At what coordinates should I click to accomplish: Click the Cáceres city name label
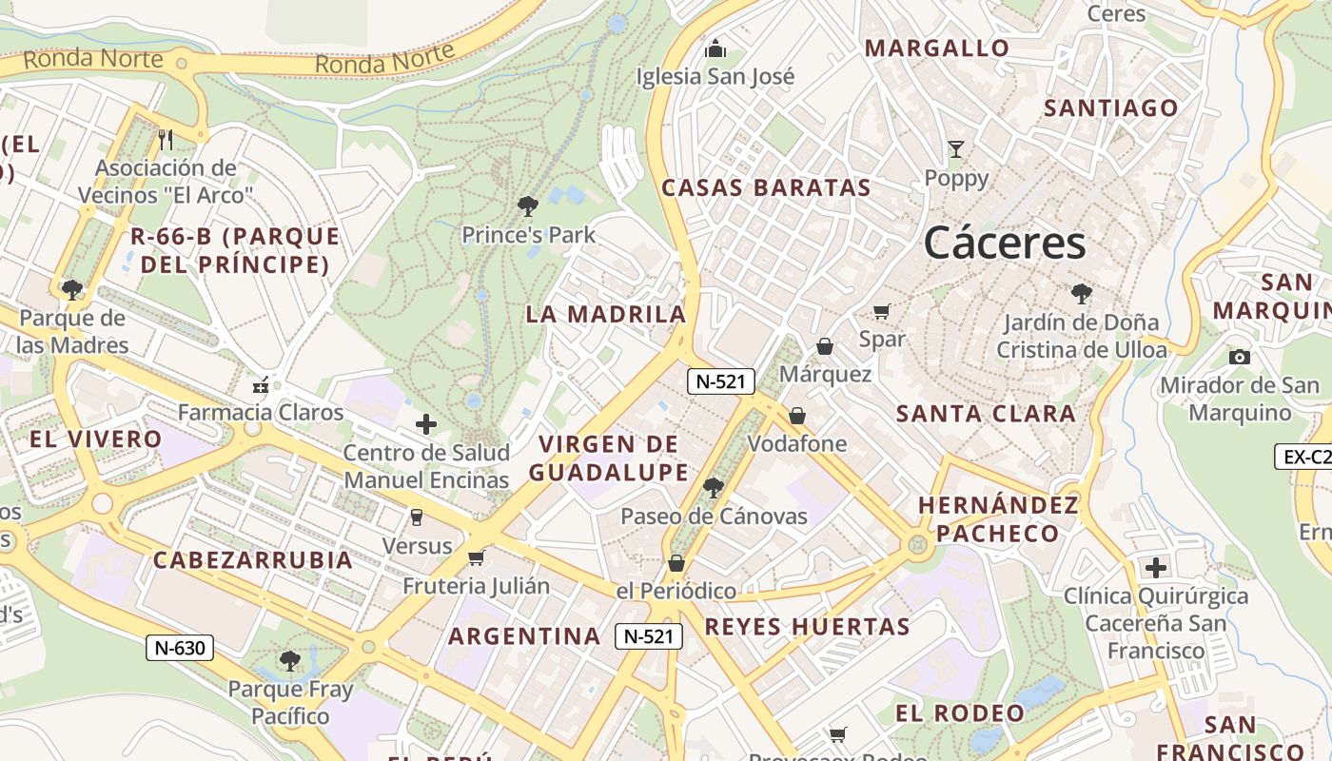click(x=1005, y=244)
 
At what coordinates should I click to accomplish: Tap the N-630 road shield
click(x=180, y=648)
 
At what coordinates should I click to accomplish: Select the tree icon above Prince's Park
click(x=528, y=206)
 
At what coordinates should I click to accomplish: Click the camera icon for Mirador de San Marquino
click(x=1239, y=357)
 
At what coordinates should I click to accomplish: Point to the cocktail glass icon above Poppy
click(x=956, y=149)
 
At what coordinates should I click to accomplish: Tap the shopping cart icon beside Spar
click(x=882, y=311)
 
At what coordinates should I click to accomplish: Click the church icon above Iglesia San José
click(x=715, y=49)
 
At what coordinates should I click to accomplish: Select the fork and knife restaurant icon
click(x=166, y=140)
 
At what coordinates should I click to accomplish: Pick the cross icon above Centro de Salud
click(x=426, y=424)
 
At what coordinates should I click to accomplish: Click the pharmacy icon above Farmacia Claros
click(x=260, y=385)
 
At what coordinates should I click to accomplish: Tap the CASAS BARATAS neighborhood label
click(x=766, y=187)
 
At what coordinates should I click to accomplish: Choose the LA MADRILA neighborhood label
click(x=606, y=314)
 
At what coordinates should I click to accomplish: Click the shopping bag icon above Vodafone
click(x=797, y=416)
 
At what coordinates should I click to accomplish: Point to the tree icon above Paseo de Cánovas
click(x=713, y=489)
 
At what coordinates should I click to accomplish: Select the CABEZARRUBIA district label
click(x=253, y=559)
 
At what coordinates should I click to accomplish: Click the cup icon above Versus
click(x=416, y=517)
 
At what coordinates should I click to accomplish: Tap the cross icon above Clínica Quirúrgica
click(x=1155, y=568)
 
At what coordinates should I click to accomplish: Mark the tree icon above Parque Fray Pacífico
click(x=290, y=660)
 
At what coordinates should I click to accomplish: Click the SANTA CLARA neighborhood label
click(x=986, y=414)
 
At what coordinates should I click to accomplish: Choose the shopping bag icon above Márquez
click(x=825, y=346)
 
